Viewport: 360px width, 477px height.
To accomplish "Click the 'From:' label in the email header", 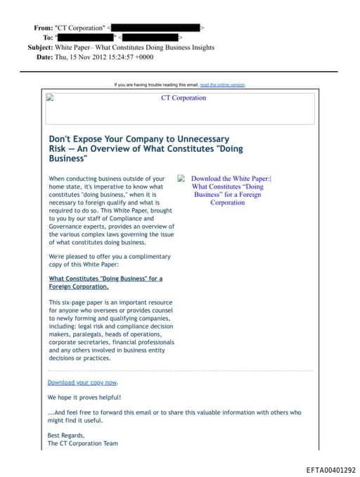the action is (x=43, y=28).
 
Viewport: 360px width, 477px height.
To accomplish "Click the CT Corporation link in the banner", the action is (x=184, y=98).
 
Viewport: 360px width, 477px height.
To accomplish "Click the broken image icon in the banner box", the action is (x=50, y=98).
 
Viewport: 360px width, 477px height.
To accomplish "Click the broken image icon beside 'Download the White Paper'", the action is (x=181, y=179).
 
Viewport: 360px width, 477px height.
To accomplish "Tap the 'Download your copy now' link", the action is (x=82, y=382).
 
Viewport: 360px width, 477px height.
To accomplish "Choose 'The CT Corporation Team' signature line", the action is (x=82, y=444).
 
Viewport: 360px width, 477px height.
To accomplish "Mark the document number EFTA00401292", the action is (x=330, y=470).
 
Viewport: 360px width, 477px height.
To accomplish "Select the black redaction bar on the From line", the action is (x=155, y=28).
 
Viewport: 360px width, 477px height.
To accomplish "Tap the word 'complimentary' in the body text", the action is (x=142, y=257).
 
